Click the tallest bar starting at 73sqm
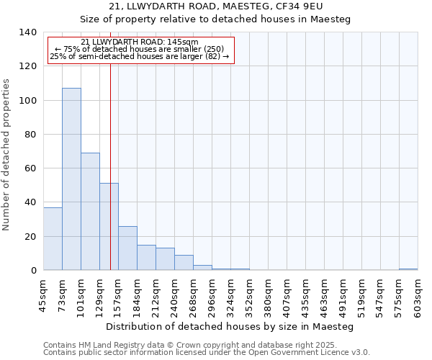(x=71, y=179)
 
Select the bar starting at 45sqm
(x=53, y=238)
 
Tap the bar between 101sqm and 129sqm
(x=90, y=212)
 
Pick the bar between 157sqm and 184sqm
(x=127, y=248)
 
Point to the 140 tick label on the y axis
(x=27, y=32)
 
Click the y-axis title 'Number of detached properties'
(x=7, y=155)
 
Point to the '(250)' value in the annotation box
(x=215, y=49)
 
